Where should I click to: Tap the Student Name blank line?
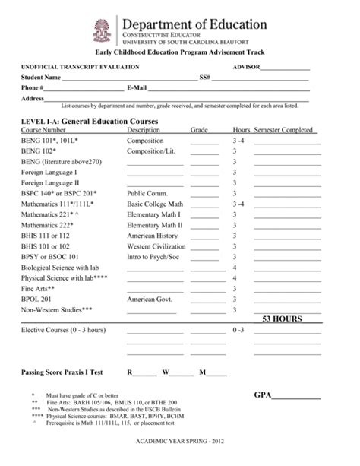coord(129,78)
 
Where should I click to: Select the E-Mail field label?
coord(142,88)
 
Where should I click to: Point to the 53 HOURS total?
coord(282,319)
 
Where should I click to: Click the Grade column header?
coord(199,130)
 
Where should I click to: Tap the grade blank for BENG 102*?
coord(204,152)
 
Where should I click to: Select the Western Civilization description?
coord(156,246)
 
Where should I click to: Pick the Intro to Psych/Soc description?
coord(154,257)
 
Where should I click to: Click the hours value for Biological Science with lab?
coord(235,268)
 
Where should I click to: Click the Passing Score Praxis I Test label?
coord(62,372)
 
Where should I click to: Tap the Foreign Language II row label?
coord(50,183)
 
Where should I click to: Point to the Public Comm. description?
coord(147,194)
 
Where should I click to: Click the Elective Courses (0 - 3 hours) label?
coord(63,331)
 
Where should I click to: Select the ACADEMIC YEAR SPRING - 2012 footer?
coord(180,442)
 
